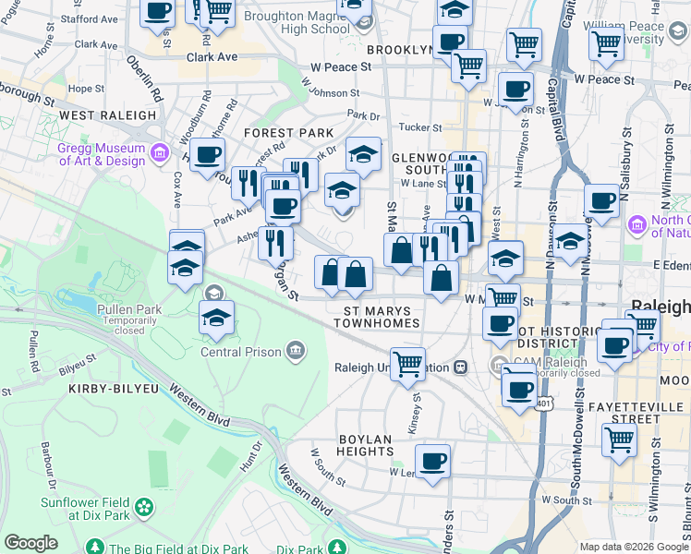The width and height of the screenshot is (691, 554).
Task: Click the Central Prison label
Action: (x=244, y=351)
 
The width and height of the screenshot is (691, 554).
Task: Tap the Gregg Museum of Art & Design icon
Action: (x=160, y=151)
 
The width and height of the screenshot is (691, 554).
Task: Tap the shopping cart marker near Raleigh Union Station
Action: (x=407, y=363)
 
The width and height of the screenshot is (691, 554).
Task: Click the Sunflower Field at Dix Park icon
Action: (x=143, y=506)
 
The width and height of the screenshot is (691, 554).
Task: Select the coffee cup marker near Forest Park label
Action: (x=207, y=154)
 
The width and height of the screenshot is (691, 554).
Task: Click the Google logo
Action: (x=30, y=543)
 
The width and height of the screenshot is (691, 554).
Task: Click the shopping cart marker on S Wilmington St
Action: (x=619, y=440)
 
